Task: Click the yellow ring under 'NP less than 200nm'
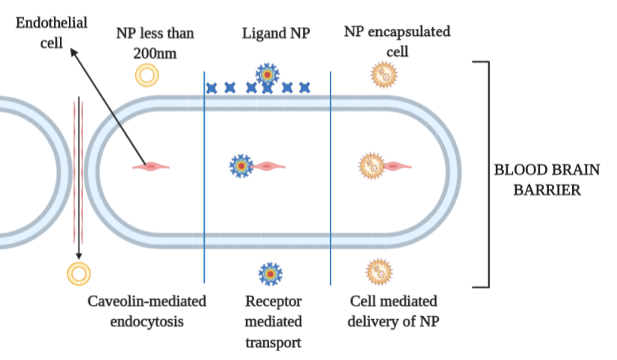click(147, 75)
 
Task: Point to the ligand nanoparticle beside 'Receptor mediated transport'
click(268, 273)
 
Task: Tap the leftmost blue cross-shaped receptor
click(212, 88)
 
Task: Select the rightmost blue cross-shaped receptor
click(304, 88)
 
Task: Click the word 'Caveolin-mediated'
click(147, 302)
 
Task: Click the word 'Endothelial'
click(51, 22)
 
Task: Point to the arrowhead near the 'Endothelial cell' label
click(72, 50)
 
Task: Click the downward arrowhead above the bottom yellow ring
click(78, 256)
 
